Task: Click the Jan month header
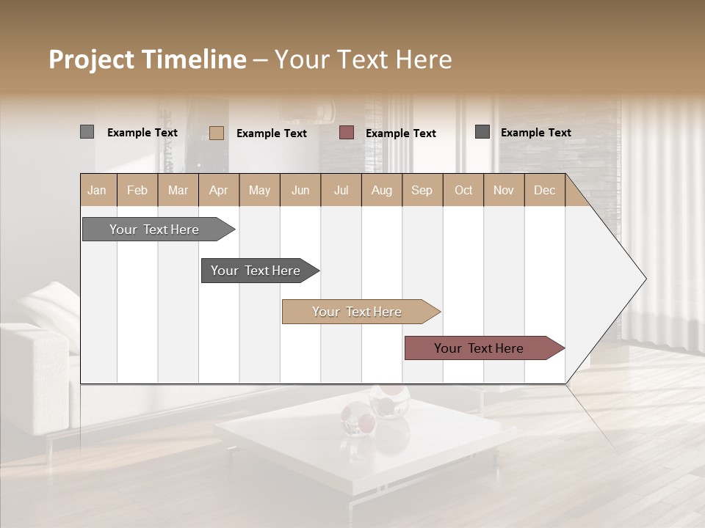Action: tap(97, 190)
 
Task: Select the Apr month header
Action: tap(218, 190)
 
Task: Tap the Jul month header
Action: tap(341, 190)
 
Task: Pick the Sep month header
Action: tap(422, 190)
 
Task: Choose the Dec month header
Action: tap(544, 190)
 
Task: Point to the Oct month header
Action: tap(463, 190)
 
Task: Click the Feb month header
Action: tap(137, 190)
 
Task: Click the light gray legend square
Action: tap(87, 132)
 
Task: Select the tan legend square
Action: tap(216, 133)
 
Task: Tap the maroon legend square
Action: tap(347, 133)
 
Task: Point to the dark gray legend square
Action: tap(482, 132)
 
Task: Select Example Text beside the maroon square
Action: tap(400, 133)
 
